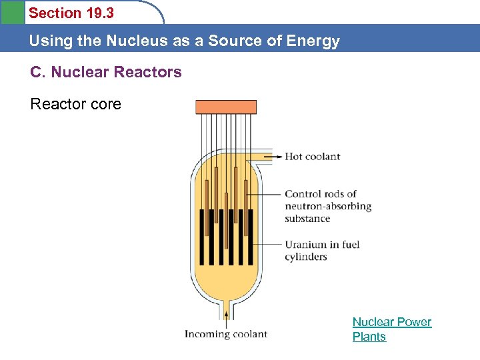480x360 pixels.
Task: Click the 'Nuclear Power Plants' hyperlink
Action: [391, 329]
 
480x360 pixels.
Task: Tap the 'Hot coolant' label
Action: [312, 157]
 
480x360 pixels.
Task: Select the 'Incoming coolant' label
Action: [225, 335]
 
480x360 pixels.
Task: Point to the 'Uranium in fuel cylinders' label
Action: [321, 251]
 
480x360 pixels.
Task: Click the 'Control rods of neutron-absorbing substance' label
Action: [327, 206]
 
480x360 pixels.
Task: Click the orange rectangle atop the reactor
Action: [225, 107]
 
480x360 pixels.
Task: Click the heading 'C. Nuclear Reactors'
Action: [106, 72]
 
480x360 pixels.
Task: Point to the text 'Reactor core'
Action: [76, 104]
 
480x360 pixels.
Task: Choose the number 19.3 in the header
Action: [99, 13]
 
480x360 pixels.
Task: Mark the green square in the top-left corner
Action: [11, 12]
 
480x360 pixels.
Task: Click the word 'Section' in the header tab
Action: [52, 13]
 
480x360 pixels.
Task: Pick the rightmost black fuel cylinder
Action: [251, 237]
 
